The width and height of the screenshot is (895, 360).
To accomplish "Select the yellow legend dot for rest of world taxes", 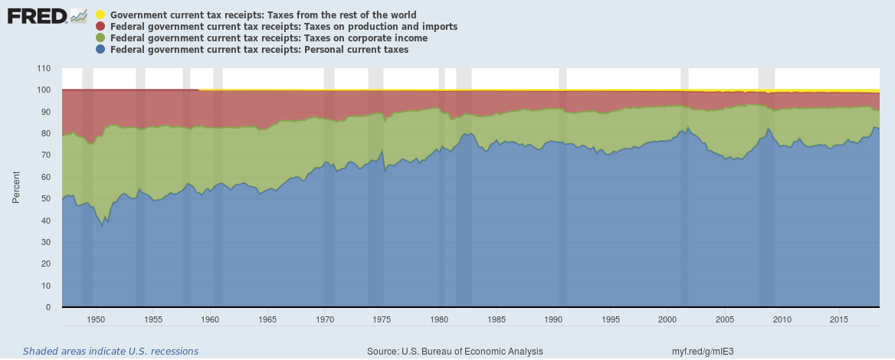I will [x=101, y=15].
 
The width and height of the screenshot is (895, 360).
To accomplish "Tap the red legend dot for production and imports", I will [x=101, y=27].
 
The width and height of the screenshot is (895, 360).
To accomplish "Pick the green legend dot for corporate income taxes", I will [x=101, y=38].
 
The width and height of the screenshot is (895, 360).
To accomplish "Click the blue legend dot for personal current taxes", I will [x=101, y=50].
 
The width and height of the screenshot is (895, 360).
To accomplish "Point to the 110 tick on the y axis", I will [x=43, y=68].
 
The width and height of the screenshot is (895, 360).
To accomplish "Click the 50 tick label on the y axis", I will [x=45, y=198].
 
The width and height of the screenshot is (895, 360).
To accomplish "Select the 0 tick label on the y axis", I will [x=48, y=307].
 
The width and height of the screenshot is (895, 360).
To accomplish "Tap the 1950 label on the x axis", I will [x=96, y=319].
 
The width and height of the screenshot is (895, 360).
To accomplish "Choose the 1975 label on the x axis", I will [x=382, y=319].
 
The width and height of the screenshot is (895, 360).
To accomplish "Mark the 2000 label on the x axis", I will [x=667, y=319].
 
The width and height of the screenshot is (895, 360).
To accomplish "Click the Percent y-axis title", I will [x=15, y=188].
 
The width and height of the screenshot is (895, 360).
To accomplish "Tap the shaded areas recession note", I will [x=110, y=352].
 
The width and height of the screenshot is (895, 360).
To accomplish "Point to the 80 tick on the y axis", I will [x=45, y=133].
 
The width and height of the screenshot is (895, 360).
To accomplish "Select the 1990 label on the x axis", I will [x=553, y=319].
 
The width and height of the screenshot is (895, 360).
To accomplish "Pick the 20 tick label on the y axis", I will [x=45, y=263].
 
